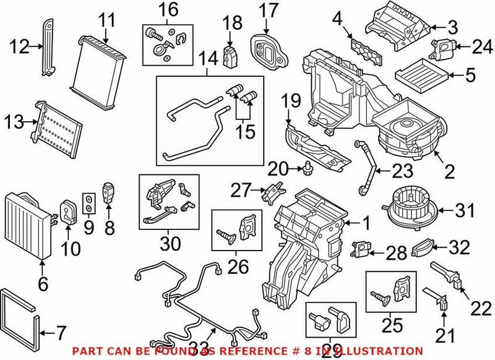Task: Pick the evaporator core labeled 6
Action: (x=28, y=226)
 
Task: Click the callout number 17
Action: (x=269, y=11)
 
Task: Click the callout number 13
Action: (x=14, y=122)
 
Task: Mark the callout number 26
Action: (x=238, y=267)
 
